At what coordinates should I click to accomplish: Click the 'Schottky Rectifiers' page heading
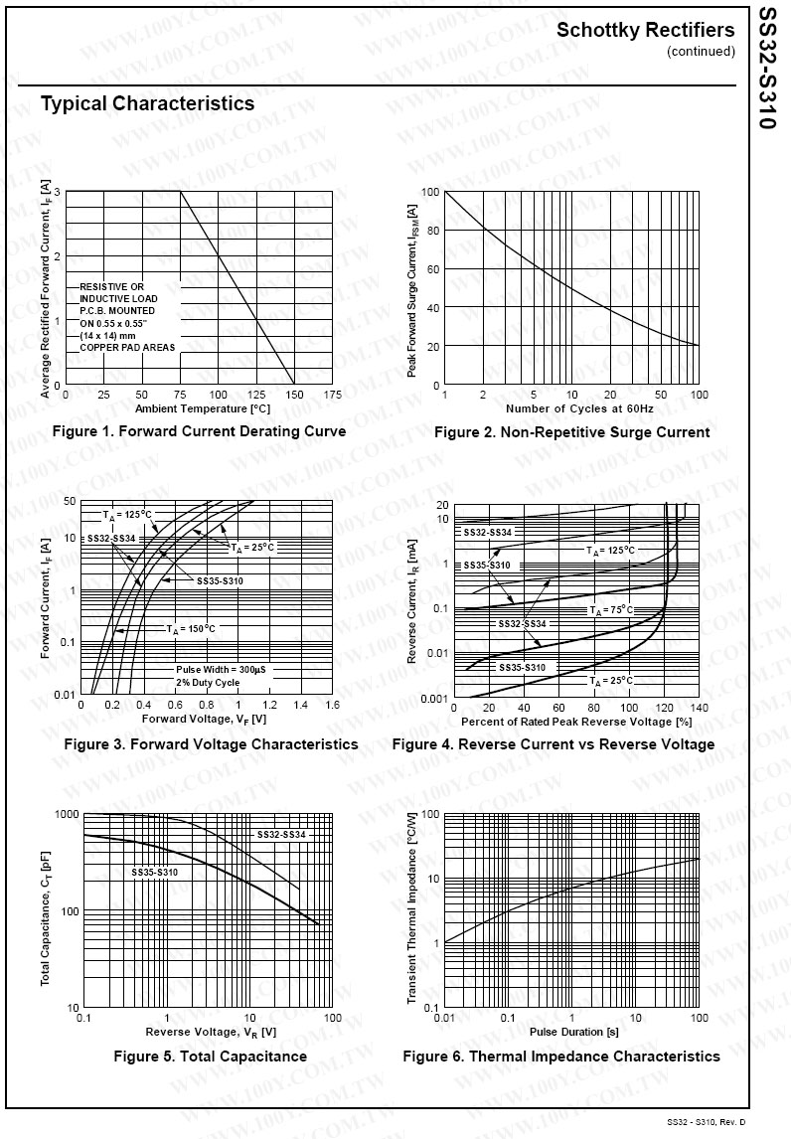pos(645,30)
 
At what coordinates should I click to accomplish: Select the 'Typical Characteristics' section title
pos(147,104)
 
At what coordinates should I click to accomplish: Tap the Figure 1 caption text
pos(199,431)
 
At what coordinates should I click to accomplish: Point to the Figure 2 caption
pos(571,432)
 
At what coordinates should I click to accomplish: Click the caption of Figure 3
pos(211,744)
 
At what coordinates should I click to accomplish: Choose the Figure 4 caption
pos(553,744)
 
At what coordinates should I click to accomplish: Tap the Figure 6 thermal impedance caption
pos(560,1057)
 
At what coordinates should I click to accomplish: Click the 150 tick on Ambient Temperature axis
pos(293,396)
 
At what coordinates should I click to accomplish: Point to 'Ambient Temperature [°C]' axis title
pos(202,408)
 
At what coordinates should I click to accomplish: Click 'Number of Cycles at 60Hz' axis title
pos(579,408)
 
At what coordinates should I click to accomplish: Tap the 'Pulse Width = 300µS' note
pos(221,669)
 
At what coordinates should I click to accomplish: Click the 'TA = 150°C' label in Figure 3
pos(190,629)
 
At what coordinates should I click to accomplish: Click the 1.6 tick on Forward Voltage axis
pos(332,705)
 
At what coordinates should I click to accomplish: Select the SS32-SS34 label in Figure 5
pos(281,834)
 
